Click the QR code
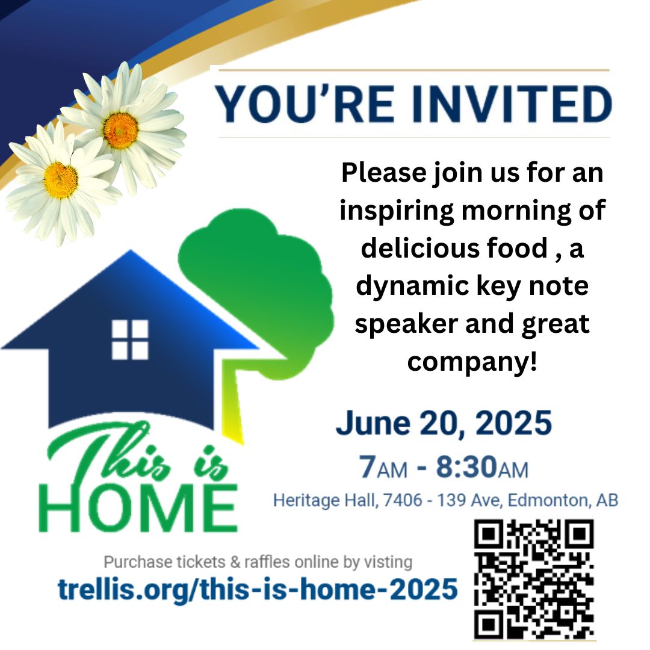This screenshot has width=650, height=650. (x=533, y=579)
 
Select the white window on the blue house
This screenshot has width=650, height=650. (x=129, y=339)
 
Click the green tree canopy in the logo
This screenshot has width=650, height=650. (x=259, y=283)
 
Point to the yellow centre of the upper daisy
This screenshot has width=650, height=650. (x=120, y=130)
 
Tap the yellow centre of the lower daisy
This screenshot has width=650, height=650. (x=61, y=179)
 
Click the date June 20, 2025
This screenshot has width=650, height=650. (x=444, y=423)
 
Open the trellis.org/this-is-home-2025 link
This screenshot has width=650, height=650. (x=258, y=589)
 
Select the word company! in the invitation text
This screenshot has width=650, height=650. (x=471, y=362)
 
